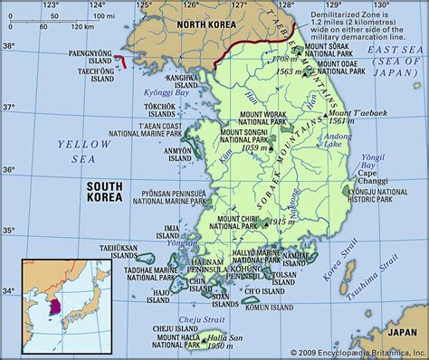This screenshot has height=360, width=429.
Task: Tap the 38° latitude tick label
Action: [x=9, y=44]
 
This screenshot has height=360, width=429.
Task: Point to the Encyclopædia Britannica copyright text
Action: [x=357, y=352]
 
